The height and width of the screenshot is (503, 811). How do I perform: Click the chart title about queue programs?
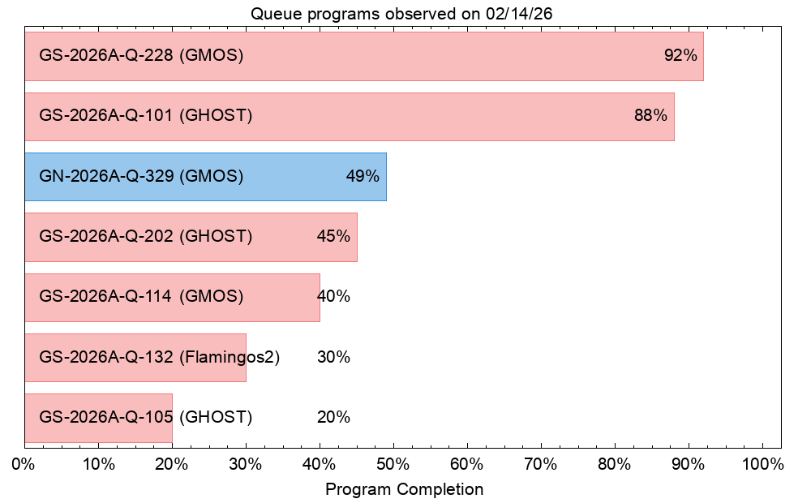pyautogui.click(x=401, y=14)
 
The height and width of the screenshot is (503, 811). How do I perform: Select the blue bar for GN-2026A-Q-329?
pyautogui.click(x=206, y=177)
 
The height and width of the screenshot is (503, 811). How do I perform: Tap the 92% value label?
pyautogui.click(x=680, y=55)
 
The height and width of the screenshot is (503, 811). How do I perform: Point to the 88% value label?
pyautogui.click(x=650, y=115)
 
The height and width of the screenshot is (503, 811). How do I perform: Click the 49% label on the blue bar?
pyautogui.click(x=363, y=176)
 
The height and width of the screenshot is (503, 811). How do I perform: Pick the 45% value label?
pyautogui.click(x=333, y=237)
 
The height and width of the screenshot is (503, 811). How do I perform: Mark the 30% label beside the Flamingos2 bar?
pyautogui.click(x=333, y=357)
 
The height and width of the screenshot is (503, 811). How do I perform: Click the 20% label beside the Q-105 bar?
pyautogui.click(x=333, y=417)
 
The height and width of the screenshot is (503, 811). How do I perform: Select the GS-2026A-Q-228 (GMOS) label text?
pyautogui.click(x=141, y=55)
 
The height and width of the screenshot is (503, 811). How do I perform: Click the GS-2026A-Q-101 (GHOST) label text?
pyautogui.click(x=146, y=115)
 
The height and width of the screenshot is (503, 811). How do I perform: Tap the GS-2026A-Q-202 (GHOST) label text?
pyautogui.click(x=146, y=237)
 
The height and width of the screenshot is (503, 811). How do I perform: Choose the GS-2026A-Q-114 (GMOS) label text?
pyautogui.click(x=141, y=296)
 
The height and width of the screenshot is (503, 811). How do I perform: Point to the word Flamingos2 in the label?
pyautogui.click(x=230, y=357)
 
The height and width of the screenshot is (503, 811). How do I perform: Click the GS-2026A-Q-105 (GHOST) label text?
pyautogui.click(x=146, y=417)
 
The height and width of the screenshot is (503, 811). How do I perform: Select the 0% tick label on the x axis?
pyautogui.click(x=24, y=464)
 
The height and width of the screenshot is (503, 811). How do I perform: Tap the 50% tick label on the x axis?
pyautogui.click(x=393, y=464)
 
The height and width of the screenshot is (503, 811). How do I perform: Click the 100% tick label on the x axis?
pyautogui.click(x=763, y=464)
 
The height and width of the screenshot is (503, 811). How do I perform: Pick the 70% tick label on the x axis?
pyautogui.click(x=541, y=464)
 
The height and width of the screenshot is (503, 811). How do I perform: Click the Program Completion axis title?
pyautogui.click(x=405, y=489)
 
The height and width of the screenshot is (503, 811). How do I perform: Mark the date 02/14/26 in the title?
pyautogui.click(x=519, y=14)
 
